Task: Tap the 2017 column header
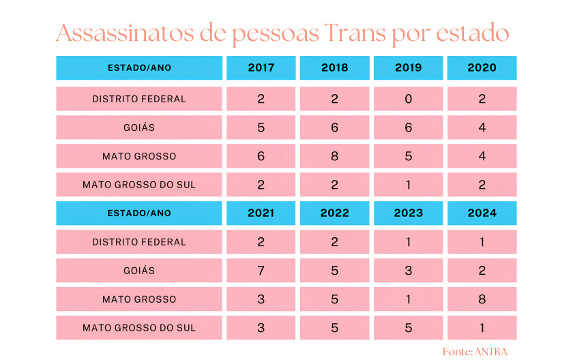pos(261,68)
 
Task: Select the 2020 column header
pos(482,68)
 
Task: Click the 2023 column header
pos(408,213)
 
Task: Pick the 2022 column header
pos(334,213)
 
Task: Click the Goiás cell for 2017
pos(261,127)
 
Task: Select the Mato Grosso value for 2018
pos(334,156)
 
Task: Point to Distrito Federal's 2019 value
pos(408,99)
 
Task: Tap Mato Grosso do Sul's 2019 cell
pos(408,185)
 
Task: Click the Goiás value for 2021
pos(261,271)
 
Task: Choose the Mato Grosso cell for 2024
pos(482,299)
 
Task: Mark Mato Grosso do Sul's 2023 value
pos(408,328)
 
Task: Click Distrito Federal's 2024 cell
pos(482,242)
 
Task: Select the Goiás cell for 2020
pos(482,127)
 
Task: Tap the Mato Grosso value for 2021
pos(261,299)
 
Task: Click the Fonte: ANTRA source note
pos(475,351)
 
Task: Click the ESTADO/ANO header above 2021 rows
pos(139,213)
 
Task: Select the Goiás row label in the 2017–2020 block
pos(139,127)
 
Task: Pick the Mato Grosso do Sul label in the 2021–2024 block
pos(139,328)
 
